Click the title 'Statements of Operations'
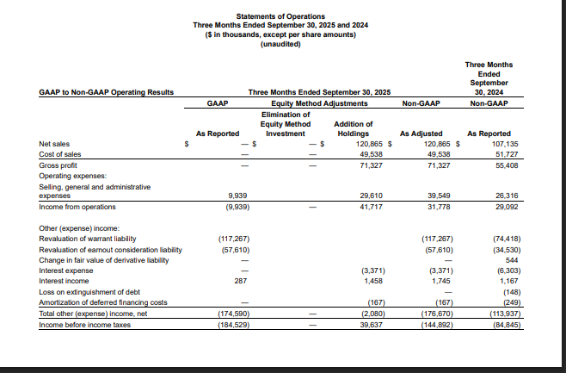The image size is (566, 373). (x=280, y=16)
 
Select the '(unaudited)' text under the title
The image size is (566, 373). (x=280, y=44)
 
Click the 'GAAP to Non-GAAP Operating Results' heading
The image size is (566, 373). (x=107, y=91)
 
